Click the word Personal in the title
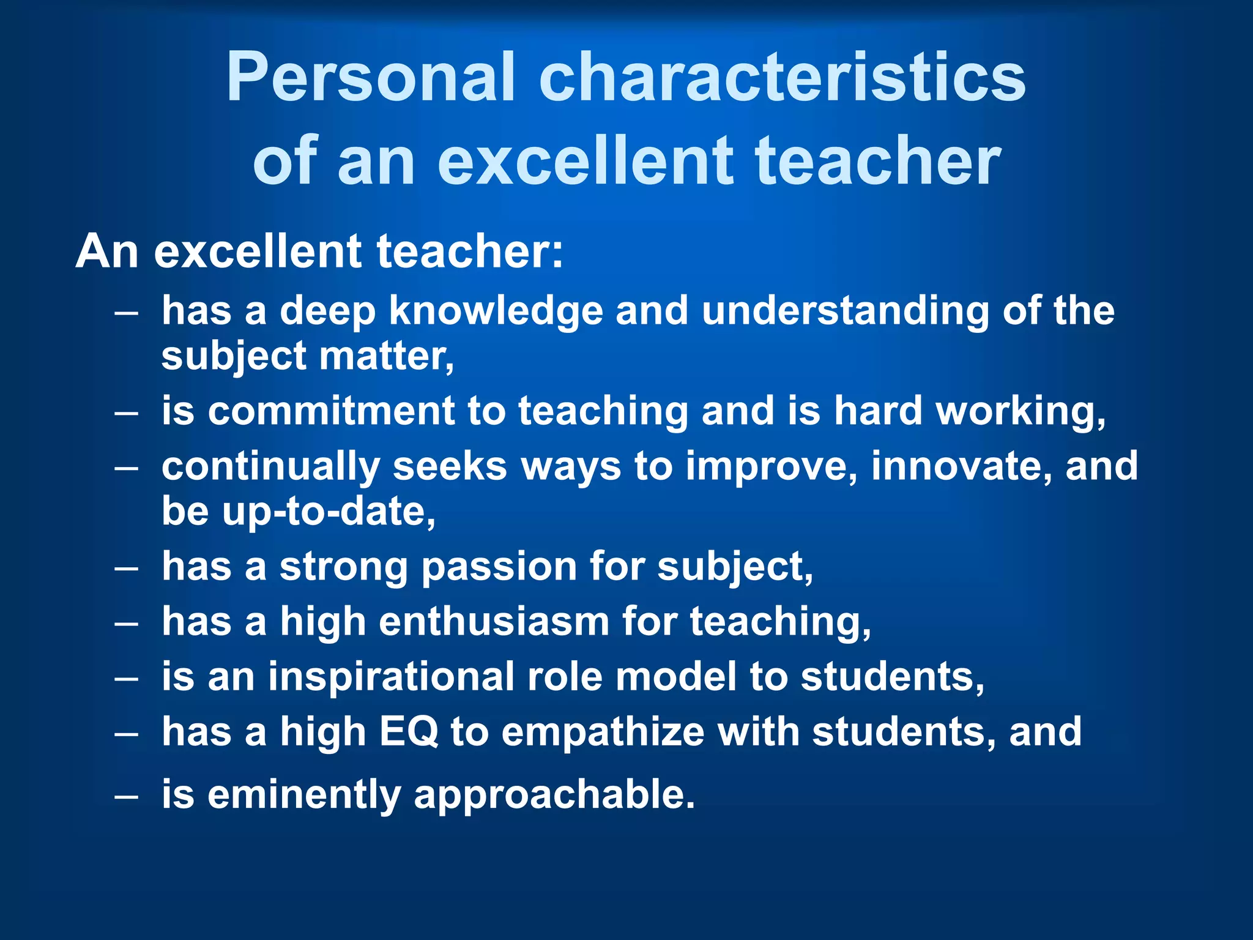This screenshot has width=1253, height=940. point(371,78)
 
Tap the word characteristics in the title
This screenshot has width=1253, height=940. point(782,78)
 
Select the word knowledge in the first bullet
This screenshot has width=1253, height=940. point(496,310)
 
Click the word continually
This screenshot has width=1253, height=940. point(271,466)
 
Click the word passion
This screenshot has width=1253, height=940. point(499,566)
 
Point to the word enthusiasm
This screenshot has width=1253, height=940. point(494,622)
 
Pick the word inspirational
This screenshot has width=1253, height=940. point(391,677)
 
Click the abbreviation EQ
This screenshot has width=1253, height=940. point(409,732)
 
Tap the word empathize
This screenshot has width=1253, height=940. point(603,732)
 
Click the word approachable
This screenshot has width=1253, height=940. point(554,794)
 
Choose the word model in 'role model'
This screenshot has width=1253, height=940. point(675,677)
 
